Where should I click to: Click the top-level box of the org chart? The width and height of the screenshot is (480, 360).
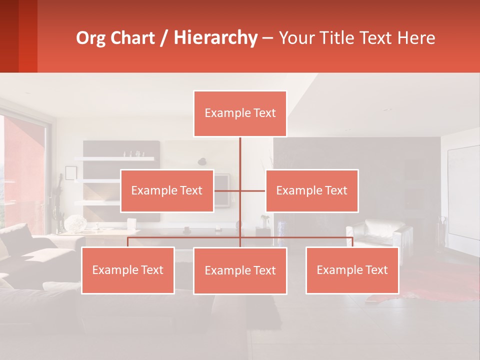240,113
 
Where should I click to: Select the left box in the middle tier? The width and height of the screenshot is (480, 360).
167,190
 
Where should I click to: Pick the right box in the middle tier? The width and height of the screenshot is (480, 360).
312,190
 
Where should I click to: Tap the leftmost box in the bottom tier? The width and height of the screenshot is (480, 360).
128,270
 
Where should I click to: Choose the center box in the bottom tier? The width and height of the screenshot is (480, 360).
240,270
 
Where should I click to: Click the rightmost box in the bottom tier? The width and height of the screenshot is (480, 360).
352,270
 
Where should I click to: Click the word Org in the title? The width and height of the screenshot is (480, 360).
90,38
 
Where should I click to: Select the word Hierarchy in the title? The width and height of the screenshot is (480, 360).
215,38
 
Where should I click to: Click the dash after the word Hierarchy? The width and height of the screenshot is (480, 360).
267,38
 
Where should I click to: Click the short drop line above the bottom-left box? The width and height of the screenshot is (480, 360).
128,242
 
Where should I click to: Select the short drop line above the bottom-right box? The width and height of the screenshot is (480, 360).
352,242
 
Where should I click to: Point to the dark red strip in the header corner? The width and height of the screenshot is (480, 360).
28,36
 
